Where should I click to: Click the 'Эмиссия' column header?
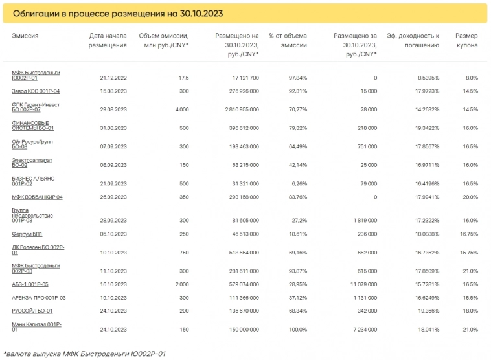pyautogui.click(x=25, y=36)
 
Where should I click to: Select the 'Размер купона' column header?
pyautogui.click(x=466, y=40)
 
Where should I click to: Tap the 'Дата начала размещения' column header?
pyautogui.click(x=108, y=40)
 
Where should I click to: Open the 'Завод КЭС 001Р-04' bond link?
pyautogui.click(x=36, y=91)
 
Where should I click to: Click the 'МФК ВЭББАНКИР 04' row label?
pyautogui.click(x=37, y=197)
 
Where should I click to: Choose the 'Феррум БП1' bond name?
pyautogui.click(x=27, y=234)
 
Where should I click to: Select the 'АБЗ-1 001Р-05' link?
pyautogui.click(x=30, y=284)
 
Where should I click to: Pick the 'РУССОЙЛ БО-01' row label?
pyautogui.click(x=32, y=311)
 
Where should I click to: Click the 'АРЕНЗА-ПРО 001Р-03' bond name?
pyautogui.click(x=39, y=298)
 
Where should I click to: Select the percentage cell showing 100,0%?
pyautogui.click(x=297, y=329)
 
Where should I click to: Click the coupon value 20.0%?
pyautogui.click(x=470, y=197)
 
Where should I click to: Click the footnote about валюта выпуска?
pyautogui.click(x=84, y=354)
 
